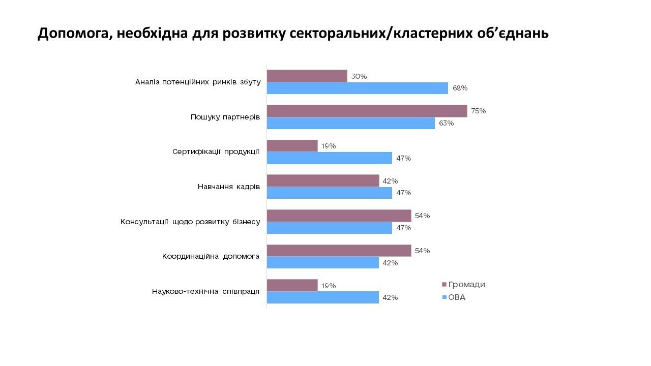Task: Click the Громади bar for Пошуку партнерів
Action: [x=367, y=111]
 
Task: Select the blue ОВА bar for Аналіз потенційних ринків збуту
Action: [x=358, y=88]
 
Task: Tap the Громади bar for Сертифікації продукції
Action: [x=292, y=146]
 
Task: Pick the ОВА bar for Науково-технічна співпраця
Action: [x=323, y=297]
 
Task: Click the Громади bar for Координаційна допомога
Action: [x=339, y=251]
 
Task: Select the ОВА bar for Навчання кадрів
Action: [x=330, y=193]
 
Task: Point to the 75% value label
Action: [x=478, y=111]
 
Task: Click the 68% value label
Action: [x=460, y=88]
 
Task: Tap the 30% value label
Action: [x=359, y=76]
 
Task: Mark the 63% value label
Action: [x=446, y=123]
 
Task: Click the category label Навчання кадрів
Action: [x=229, y=187]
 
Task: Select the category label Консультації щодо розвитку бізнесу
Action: [x=190, y=222]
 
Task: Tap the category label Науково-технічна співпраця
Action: [x=205, y=291]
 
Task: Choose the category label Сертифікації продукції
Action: [x=216, y=151]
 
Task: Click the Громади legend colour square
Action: [x=443, y=285]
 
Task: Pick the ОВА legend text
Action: [x=457, y=297]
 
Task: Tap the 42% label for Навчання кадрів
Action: [x=390, y=181]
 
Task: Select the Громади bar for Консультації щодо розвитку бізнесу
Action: [x=339, y=216]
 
